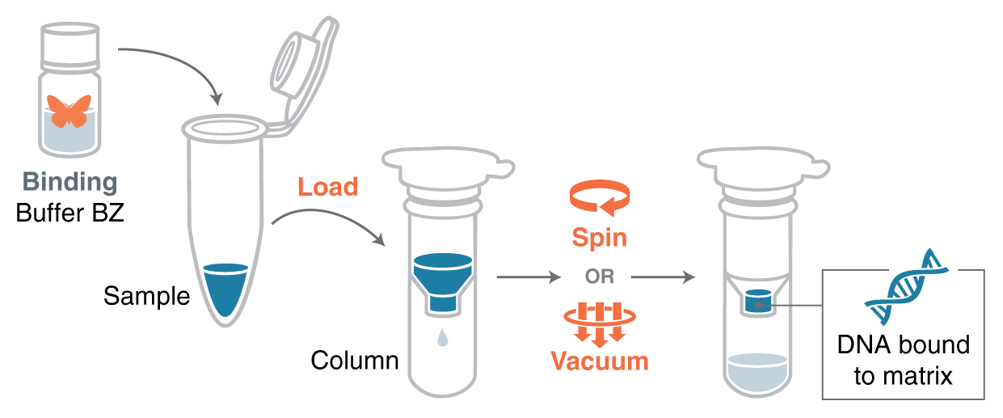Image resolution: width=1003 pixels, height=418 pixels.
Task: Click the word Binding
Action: click(70, 182)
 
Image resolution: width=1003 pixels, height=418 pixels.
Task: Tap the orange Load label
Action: click(327, 188)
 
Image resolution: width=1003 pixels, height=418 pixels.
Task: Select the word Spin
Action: click(599, 238)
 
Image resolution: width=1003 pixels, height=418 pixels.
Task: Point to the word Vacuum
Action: click(599, 361)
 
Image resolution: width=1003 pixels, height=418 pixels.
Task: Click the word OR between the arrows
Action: click(600, 277)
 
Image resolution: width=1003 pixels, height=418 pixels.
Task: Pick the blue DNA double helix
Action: click(905, 288)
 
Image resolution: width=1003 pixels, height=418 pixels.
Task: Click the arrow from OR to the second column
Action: click(663, 277)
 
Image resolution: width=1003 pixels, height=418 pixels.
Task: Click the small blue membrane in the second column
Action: click(758, 302)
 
